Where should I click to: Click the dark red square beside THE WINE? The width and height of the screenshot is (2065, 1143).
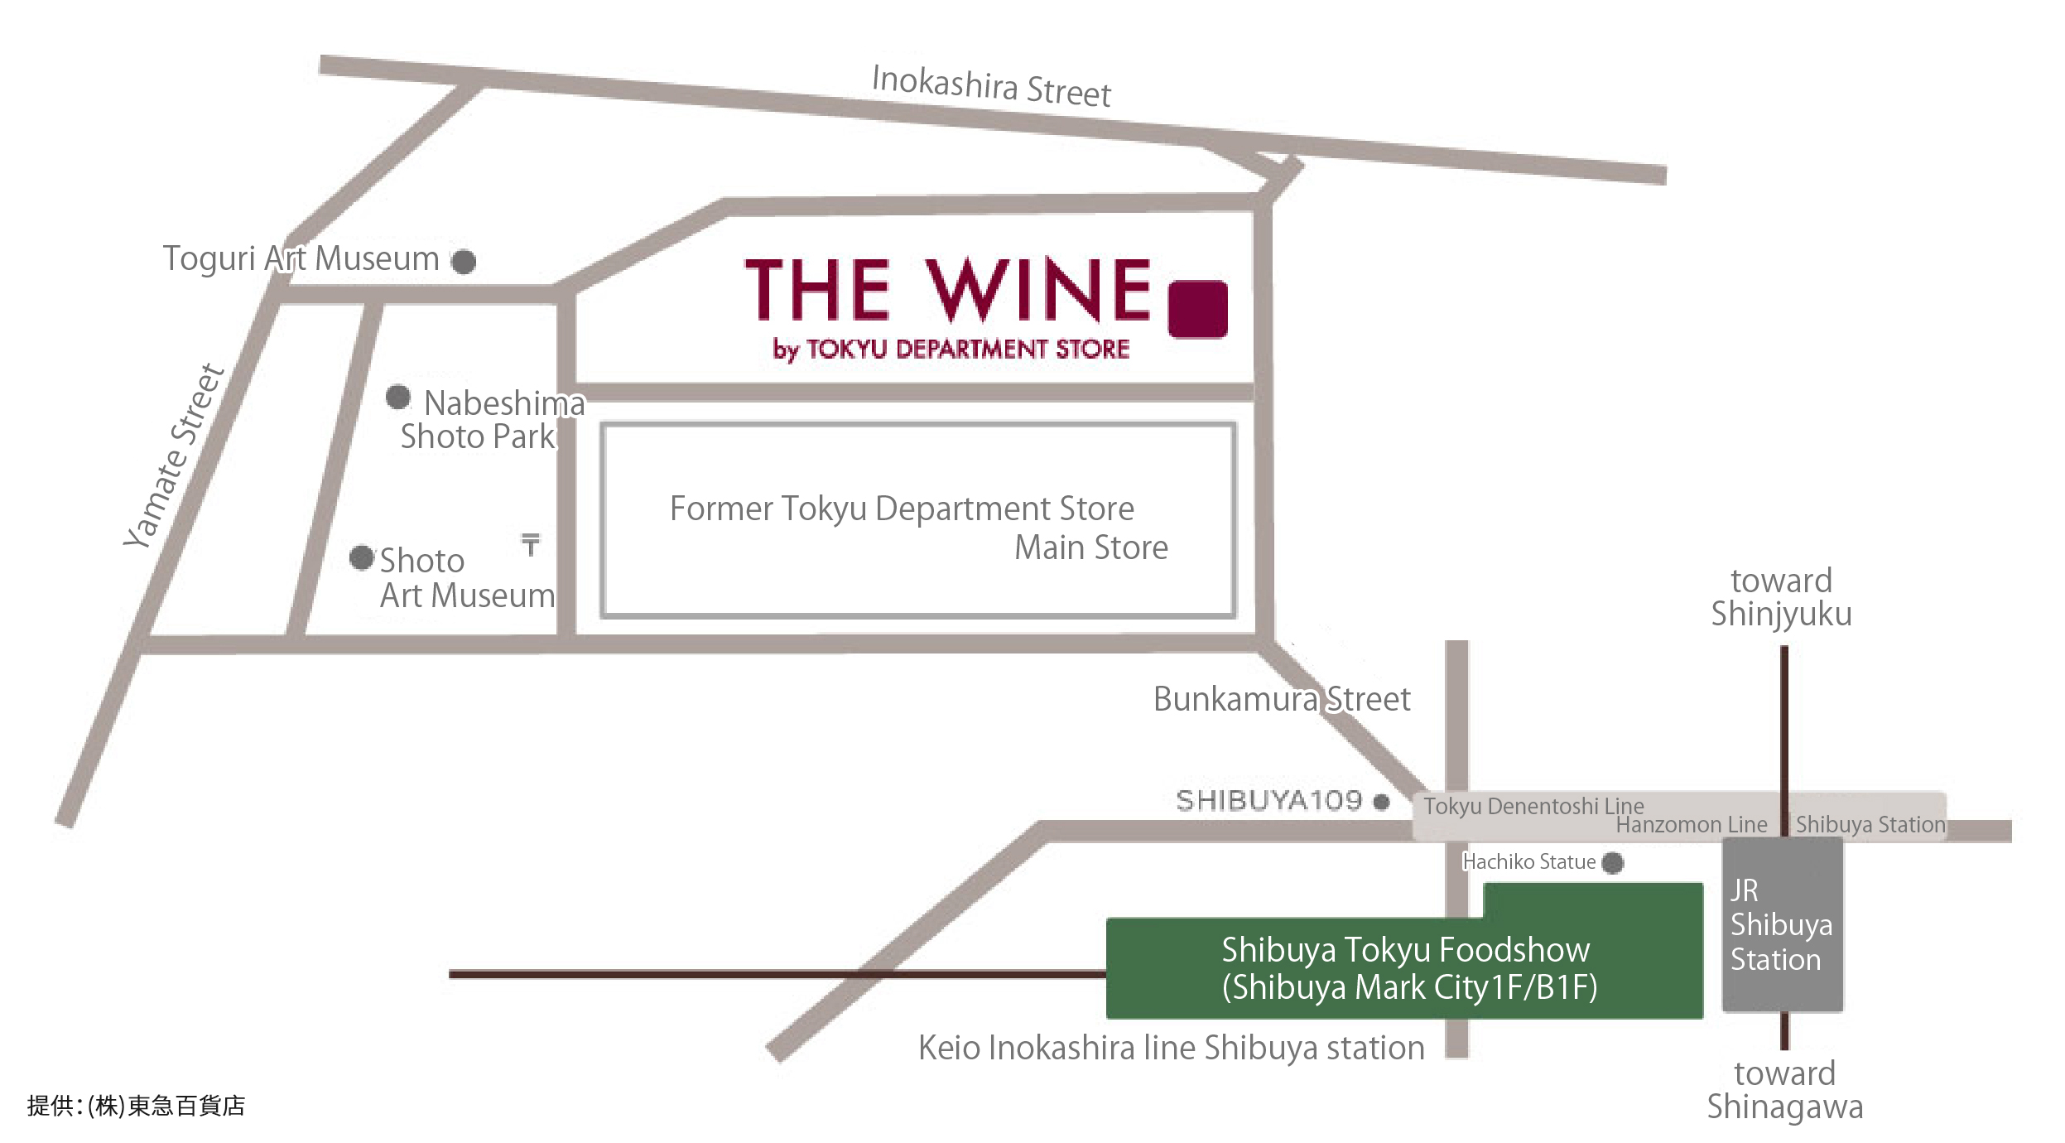point(1197,309)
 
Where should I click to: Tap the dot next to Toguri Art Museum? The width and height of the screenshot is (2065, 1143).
point(464,262)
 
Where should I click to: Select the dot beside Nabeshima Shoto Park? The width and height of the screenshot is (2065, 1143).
point(398,397)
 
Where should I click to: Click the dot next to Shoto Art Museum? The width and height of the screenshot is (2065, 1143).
point(362,557)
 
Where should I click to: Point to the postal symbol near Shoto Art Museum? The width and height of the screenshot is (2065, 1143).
point(531,544)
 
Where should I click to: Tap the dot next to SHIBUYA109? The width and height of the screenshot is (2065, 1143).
point(1381,802)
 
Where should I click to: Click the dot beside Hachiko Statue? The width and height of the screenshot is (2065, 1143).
point(1613,863)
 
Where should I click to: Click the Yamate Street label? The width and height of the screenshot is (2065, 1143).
point(174,456)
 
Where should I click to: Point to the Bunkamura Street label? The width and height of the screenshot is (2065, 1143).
point(1282,699)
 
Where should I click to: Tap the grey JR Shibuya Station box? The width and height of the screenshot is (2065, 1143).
point(1783,924)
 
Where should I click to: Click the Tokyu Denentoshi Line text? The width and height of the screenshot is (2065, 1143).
point(1533,806)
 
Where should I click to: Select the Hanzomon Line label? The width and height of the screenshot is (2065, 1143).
point(1692,825)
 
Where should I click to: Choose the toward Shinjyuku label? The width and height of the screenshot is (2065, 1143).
point(1782,597)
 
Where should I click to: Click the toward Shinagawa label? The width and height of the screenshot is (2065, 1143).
point(1785,1090)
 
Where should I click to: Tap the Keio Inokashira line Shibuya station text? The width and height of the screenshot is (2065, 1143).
point(1172,1048)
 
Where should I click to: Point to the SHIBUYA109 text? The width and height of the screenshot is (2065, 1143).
point(1269,801)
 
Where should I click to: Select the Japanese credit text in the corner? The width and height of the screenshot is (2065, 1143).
point(136,1106)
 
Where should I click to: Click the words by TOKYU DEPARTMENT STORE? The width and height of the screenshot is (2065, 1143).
point(951,350)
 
